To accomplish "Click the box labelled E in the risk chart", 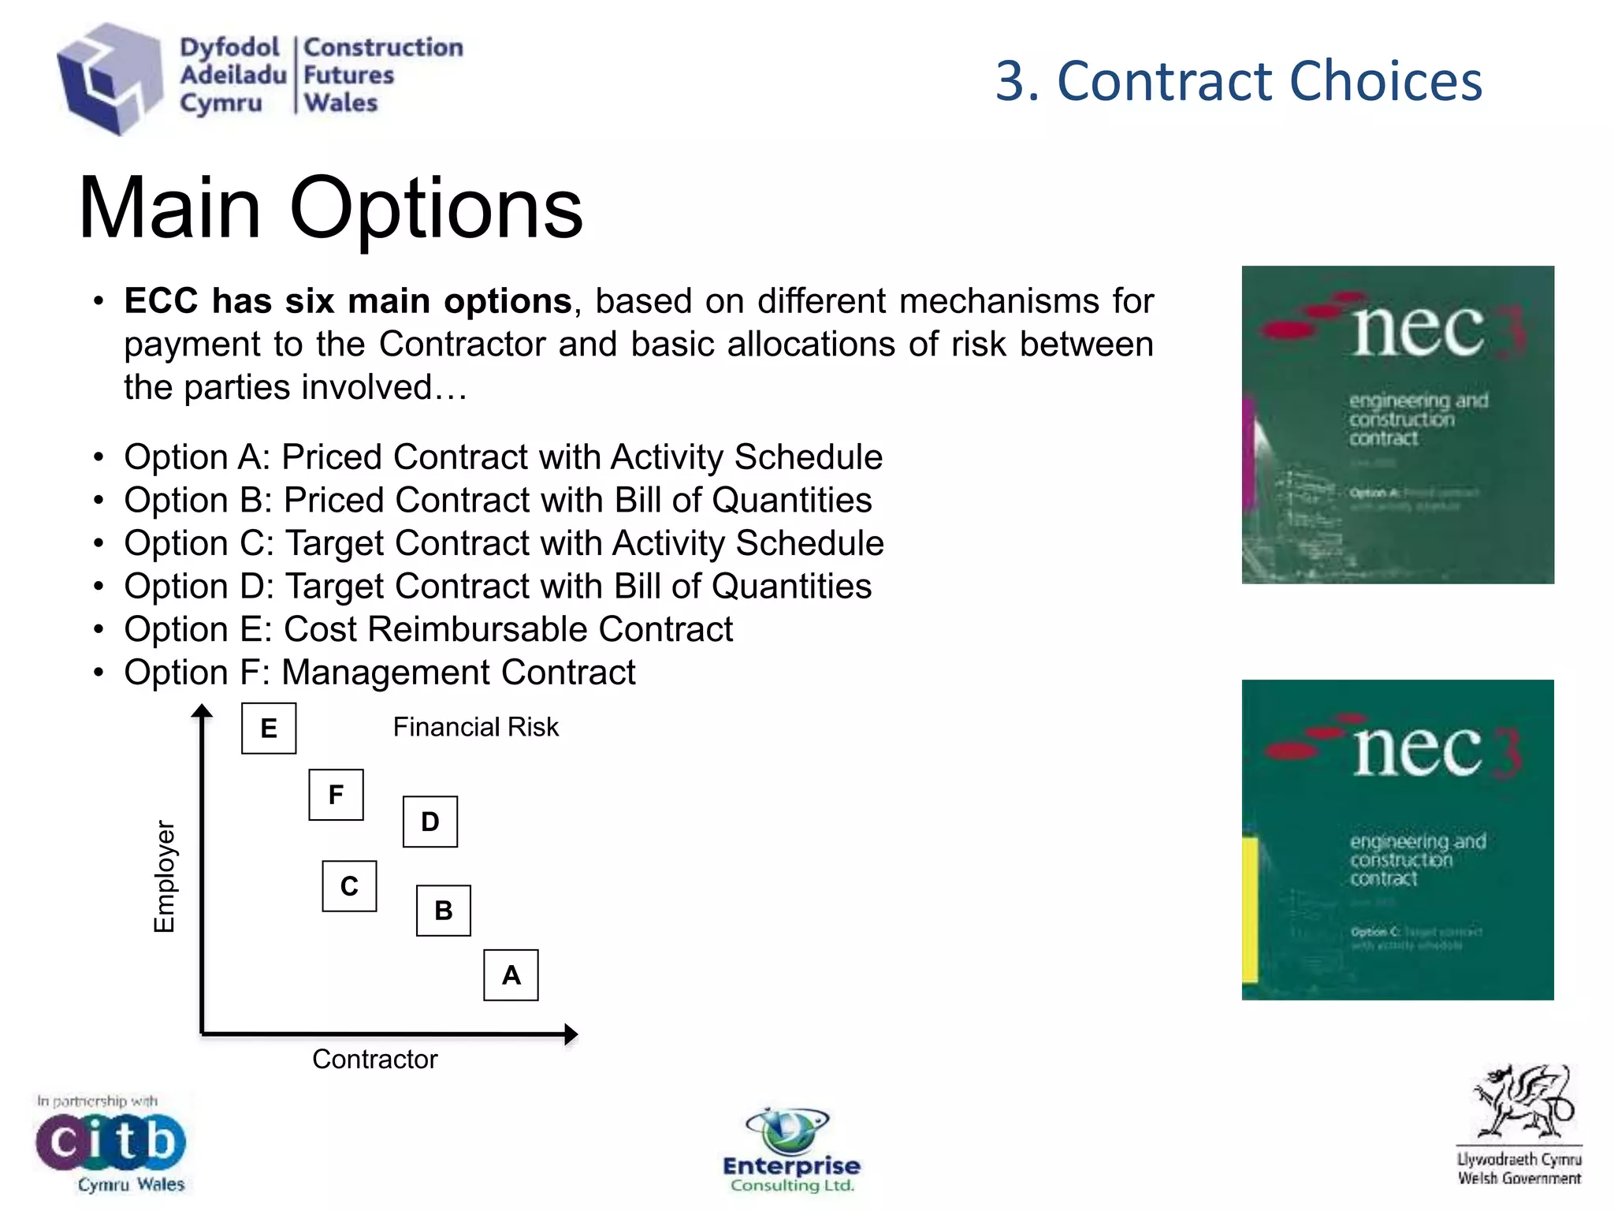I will (269, 728).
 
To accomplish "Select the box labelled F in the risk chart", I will (336, 795).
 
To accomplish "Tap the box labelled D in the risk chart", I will (430, 822).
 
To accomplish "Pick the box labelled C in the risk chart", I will (349, 886).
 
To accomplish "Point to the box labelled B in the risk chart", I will (444, 911).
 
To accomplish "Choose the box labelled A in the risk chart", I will (511, 975).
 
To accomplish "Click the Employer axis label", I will (164, 876).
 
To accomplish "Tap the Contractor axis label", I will (374, 1059).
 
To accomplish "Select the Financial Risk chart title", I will (475, 727).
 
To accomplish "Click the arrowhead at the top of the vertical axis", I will (203, 711).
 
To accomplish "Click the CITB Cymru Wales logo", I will (110, 1142).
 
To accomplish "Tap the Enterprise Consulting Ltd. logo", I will (791, 1150).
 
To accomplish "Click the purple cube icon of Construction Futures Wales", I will (108, 79).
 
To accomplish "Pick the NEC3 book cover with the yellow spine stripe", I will (1397, 840).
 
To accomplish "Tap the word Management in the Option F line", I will (386, 673).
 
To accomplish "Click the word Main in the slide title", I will (170, 208).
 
